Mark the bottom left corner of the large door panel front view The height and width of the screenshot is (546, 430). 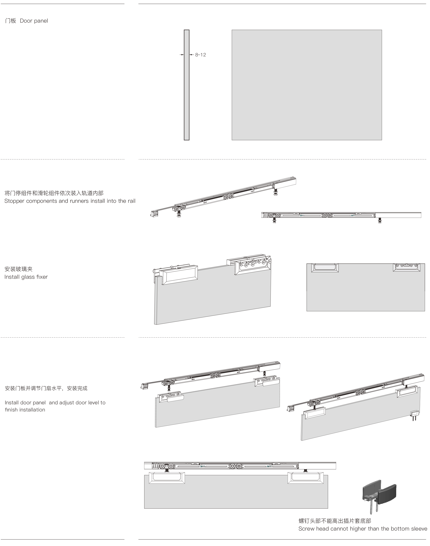(x=232, y=140)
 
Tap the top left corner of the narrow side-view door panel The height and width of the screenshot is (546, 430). (x=184, y=30)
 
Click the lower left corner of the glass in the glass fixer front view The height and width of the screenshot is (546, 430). (x=307, y=311)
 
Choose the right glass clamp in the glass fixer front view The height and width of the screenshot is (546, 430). (x=407, y=267)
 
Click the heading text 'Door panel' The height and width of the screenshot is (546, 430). (x=34, y=21)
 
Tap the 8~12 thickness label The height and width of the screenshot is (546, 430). (x=200, y=55)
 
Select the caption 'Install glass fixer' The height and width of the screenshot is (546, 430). (x=26, y=277)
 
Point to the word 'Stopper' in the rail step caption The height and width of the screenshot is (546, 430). (x=14, y=201)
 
